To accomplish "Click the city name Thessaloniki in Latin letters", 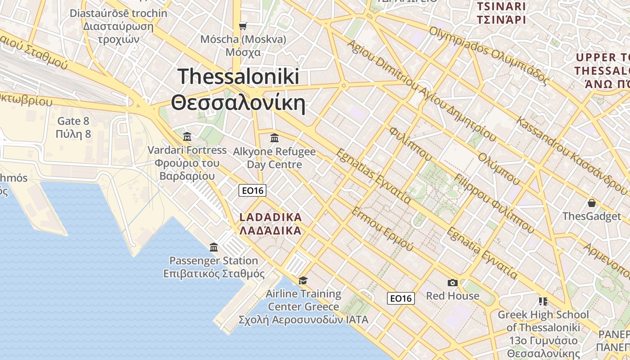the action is [x=238, y=76].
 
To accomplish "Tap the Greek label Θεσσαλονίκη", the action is [x=238, y=103].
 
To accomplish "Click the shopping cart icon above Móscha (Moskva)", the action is [x=243, y=27].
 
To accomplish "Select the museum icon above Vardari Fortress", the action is [x=187, y=136].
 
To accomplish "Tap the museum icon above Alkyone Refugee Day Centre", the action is [x=274, y=138].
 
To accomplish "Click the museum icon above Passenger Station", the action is [x=214, y=247].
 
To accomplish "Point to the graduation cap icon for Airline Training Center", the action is [x=303, y=281].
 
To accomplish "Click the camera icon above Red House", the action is [x=453, y=283].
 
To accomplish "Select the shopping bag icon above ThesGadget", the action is [x=591, y=203].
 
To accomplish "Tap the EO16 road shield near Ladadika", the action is [x=252, y=191].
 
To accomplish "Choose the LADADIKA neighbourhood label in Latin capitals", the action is [x=270, y=217].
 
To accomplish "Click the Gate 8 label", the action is [x=73, y=121].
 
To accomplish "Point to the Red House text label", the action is [x=453, y=296].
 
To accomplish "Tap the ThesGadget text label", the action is [x=591, y=216].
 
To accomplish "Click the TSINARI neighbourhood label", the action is [x=501, y=6].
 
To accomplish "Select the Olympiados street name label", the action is [x=454, y=40].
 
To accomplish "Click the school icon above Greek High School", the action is [x=543, y=301].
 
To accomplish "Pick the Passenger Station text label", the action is [x=214, y=261].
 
